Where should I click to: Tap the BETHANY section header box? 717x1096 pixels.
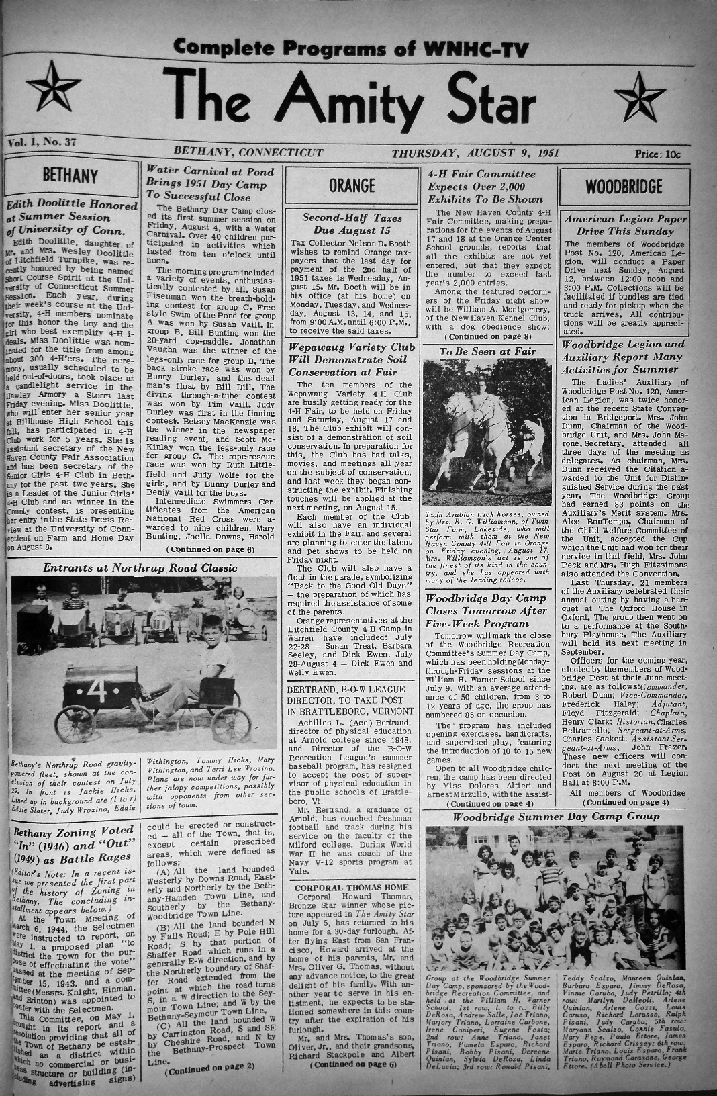pyautogui.click(x=70, y=176)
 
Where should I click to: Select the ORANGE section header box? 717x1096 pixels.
pyautogui.click(x=352, y=185)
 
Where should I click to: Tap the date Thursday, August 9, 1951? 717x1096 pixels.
pyautogui.click(x=475, y=152)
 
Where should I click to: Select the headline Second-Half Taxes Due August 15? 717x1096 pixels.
pyautogui.click(x=352, y=225)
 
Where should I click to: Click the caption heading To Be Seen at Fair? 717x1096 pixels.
pyautogui.click(x=487, y=351)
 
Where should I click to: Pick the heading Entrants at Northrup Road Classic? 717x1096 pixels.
pyautogui.click(x=140, y=568)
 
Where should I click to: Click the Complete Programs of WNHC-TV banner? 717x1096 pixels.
pyautogui.click(x=350, y=48)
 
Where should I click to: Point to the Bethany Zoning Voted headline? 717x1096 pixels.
pyautogui.click(x=70, y=845)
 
